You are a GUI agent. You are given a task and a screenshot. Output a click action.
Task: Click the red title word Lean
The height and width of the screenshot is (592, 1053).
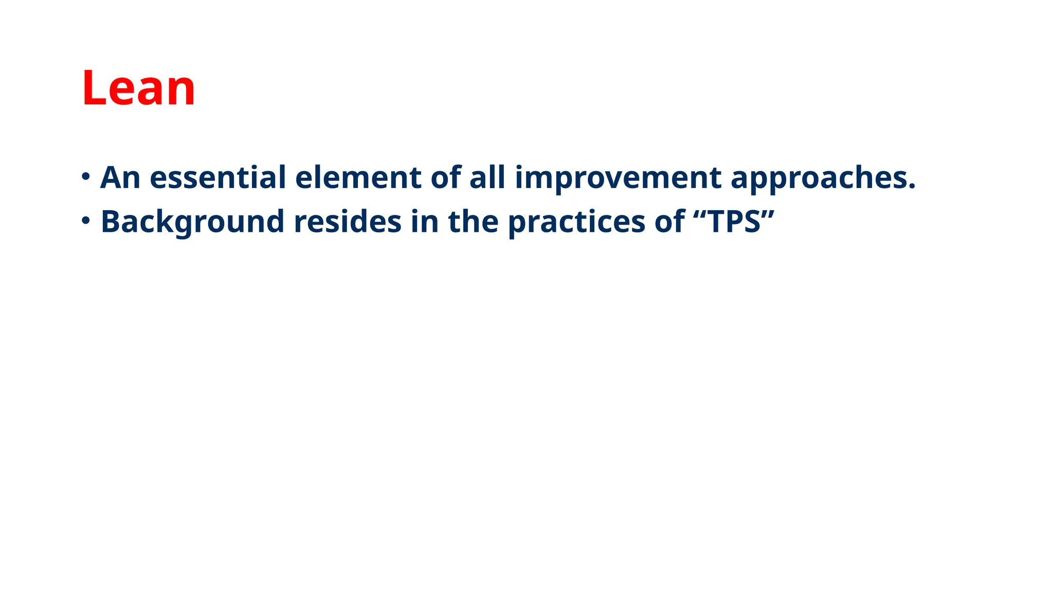138,88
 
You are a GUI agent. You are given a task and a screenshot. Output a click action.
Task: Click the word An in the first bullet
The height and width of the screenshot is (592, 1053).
120,178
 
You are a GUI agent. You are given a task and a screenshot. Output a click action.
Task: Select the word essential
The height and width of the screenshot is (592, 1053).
217,178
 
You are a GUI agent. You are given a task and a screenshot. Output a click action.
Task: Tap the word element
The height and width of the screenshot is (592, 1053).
358,178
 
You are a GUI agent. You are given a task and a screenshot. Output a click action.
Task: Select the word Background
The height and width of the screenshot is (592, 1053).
192,223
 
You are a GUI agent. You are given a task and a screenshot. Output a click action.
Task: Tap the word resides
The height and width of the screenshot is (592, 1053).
348,222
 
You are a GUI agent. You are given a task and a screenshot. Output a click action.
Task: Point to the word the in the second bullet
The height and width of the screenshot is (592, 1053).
473,222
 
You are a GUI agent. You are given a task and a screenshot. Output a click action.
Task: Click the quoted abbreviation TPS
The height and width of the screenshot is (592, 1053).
734,222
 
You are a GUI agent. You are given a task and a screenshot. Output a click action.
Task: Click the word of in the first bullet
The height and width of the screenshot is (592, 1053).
446,178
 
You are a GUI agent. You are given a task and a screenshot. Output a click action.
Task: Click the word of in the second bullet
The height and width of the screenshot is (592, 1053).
669,222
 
